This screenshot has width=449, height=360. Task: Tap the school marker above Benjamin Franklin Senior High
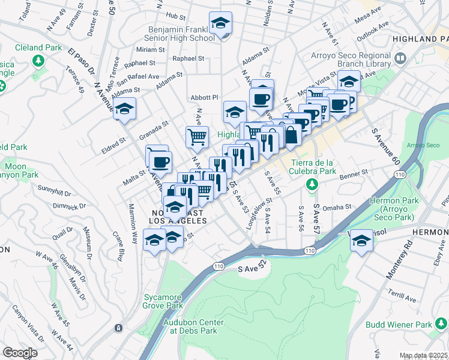click(x=220, y=24)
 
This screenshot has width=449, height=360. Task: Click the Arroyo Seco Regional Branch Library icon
click(x=401, y=59)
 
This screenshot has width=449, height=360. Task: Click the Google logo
click(x=20, y=353)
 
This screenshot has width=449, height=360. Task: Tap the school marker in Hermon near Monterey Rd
click(x=361, y=241)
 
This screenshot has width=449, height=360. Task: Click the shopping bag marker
click(x=291, y=136)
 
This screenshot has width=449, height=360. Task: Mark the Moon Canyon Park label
click(x=21, y=170)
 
